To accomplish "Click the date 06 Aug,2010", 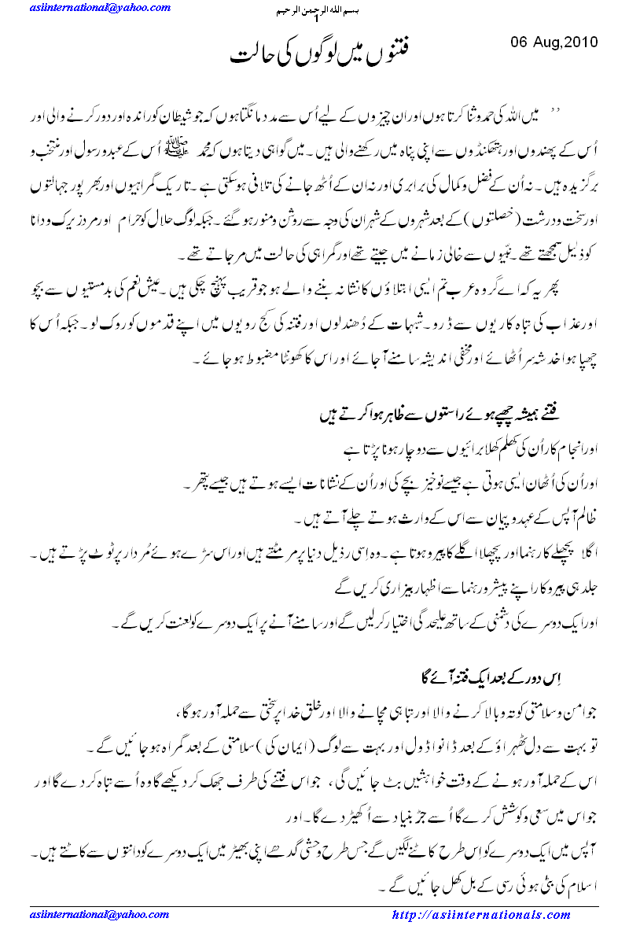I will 555,41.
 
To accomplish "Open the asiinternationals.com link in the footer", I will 481,915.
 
